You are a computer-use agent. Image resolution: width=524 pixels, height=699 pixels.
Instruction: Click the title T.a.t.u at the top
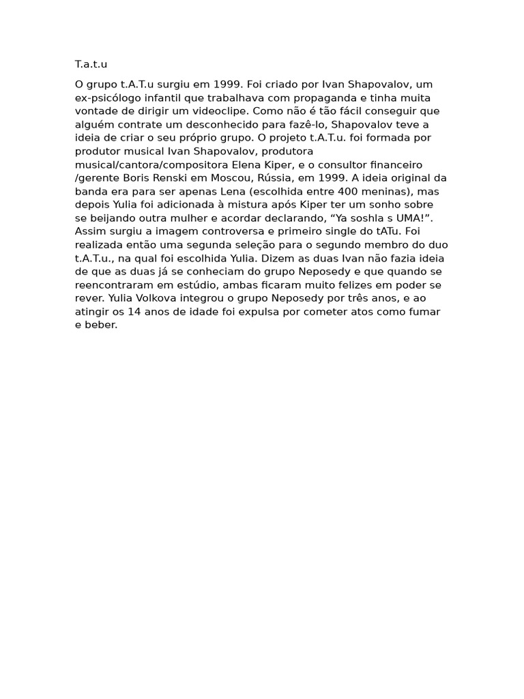tap(91, 65)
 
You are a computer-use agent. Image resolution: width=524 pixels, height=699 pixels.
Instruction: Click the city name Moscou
tap(242, 177)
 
